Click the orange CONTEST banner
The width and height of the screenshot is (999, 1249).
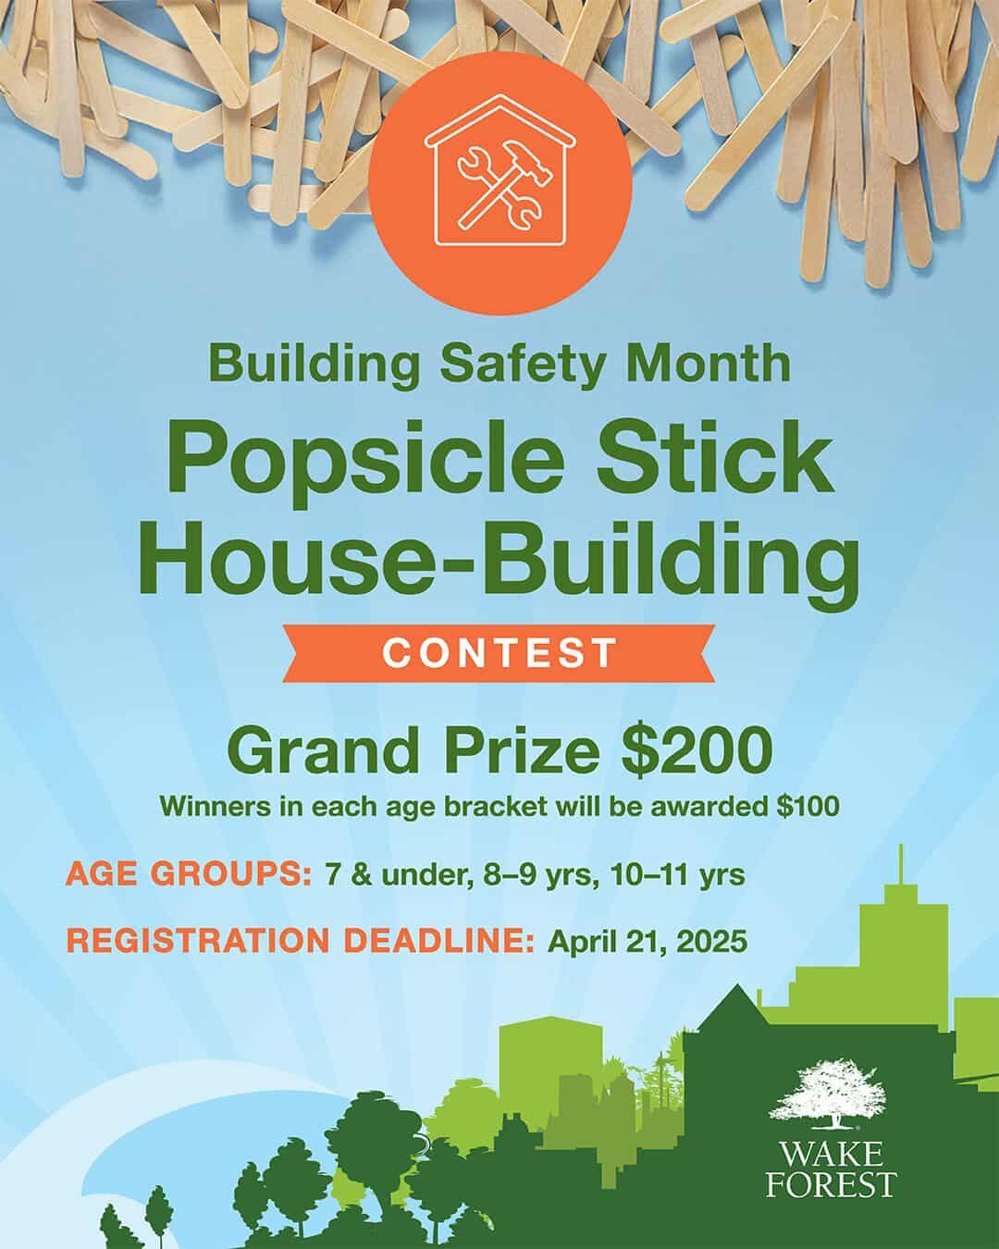(500, 651)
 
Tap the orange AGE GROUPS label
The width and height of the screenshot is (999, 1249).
(188, 874)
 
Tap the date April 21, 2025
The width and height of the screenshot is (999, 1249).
(647, 941)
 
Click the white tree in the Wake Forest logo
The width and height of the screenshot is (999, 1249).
(830, 1094)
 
